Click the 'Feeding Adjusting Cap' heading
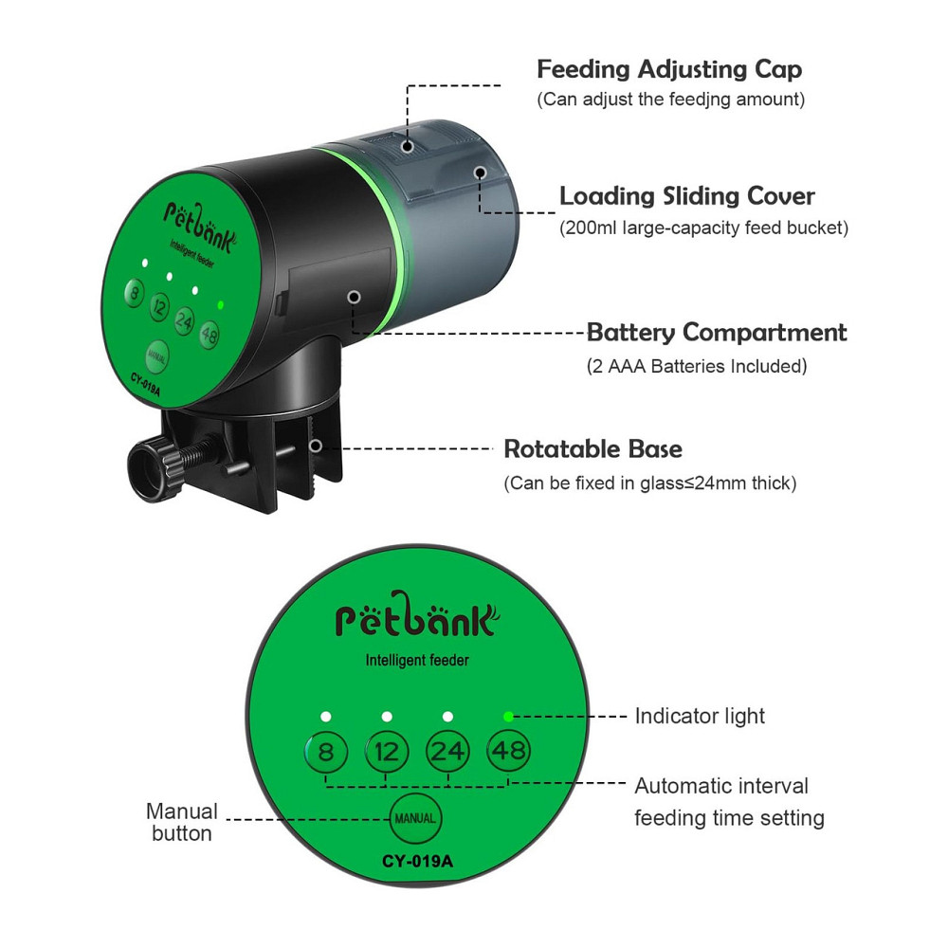[x=669, y=69]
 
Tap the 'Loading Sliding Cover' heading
[x=686, y=196]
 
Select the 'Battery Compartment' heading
[x=717, y=333]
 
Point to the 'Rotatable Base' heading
[x=593, y=449]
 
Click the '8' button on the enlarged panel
[x=325, y=752]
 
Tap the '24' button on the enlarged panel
[x=447, y=752]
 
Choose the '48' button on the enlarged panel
[x=508, y=751]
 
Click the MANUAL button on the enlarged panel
[x=415, y=819]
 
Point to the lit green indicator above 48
[x=508, y=717]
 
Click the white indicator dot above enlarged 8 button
[x=326, y=717]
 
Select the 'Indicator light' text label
[x=700, y=717]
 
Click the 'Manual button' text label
[x=181, y=822]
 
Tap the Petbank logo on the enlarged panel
[x=417, y=615]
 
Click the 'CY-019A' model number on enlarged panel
[x=417, y=861]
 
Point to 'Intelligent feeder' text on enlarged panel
[x=417, y=660]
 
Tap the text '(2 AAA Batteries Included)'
[x=697, y=366]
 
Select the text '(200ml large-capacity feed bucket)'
[x=703, y=228]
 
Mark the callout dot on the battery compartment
[x=355, y=297]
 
